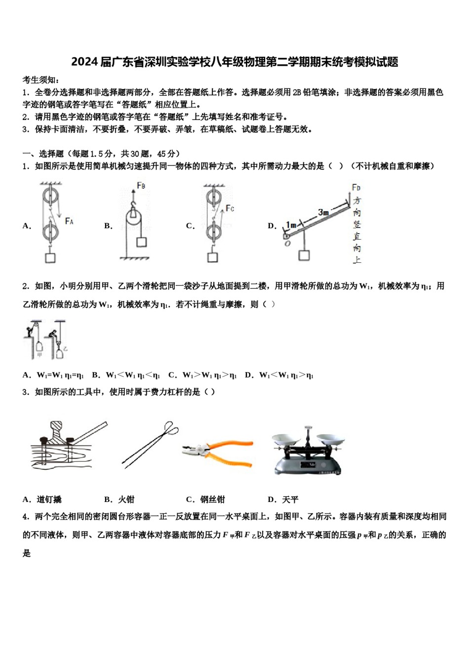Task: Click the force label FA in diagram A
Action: [69, 221]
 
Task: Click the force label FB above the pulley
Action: [141, 186]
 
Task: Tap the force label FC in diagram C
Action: [230, 208]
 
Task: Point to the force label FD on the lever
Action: [356, 188]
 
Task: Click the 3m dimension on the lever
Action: [323, 212]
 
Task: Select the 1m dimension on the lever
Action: [291, 225]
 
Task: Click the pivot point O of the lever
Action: [287, 243]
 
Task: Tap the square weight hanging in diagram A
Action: [50, 257]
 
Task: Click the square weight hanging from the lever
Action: [304, 255]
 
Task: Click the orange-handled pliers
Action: [217, 451]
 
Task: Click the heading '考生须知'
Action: [41, 80]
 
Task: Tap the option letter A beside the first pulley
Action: [26, 226]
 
